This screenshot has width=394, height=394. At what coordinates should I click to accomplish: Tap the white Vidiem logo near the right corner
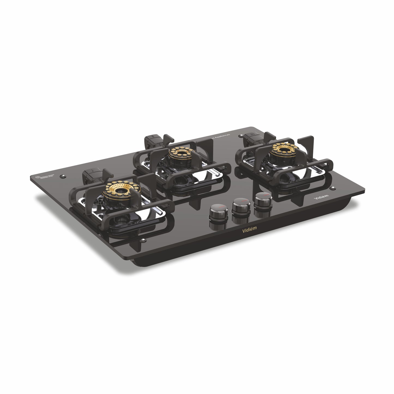(321, 197)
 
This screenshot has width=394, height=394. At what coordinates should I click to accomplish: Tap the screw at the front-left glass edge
(142, 240)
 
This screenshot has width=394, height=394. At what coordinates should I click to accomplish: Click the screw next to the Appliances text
(240, 135)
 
